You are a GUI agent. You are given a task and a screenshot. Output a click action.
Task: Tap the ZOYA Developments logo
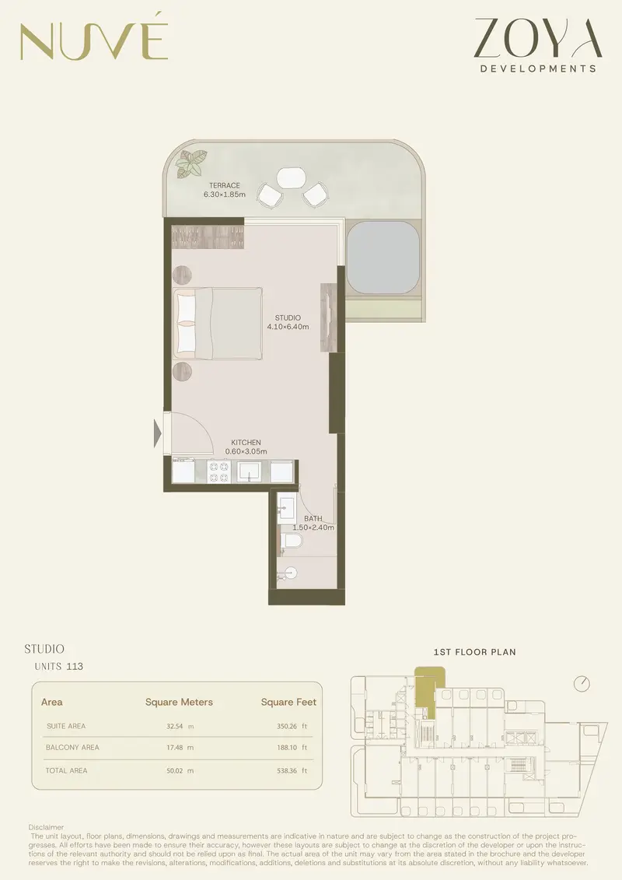click(x=538, y=45)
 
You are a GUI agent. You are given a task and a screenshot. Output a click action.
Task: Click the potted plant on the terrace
click(x=191, y=164)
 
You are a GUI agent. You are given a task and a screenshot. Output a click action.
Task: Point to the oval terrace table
click(x=291, y=177)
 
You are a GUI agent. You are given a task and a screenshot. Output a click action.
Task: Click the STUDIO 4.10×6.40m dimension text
click(x=288, y=322)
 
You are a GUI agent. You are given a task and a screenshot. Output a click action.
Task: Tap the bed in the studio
click(x=218, y=323)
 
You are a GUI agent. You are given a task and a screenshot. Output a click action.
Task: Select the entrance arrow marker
click(x=158, y=434)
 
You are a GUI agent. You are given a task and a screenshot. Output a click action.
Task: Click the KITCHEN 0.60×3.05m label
click(x=246, y=447)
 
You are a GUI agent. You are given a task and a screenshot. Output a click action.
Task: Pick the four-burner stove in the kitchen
click(x=218, y=472)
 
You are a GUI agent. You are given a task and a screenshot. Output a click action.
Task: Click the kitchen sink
click(x=249, y=472)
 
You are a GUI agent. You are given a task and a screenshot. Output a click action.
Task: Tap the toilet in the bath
click(x=291, y=541)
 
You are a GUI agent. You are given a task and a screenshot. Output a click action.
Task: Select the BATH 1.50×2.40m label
click(x=313, y=523)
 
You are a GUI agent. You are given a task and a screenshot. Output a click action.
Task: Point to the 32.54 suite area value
click(x=175, y=726)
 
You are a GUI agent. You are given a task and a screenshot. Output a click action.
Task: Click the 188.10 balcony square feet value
click(x=288, y=748)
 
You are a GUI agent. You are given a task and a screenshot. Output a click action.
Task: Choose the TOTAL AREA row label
click(x=66, y=770)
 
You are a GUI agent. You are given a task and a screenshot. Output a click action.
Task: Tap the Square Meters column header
click(x=179, y=702)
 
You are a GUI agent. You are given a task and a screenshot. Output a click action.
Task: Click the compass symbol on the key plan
click(x=582, y=684)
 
